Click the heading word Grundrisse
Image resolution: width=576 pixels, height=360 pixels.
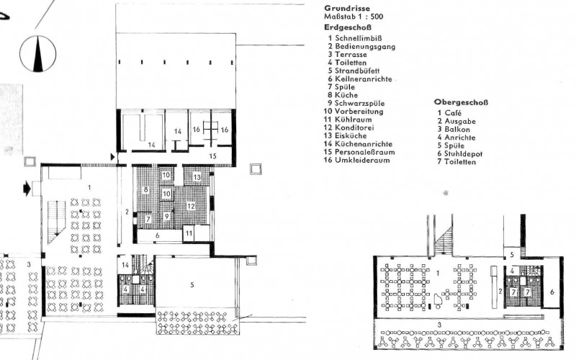347,8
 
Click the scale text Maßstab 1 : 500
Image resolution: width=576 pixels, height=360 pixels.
354,17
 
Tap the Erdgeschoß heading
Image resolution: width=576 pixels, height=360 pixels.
348,27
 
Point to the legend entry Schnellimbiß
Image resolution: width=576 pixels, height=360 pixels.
358,38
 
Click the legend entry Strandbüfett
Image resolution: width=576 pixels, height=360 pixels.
356,71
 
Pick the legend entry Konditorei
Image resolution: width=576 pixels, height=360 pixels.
354,127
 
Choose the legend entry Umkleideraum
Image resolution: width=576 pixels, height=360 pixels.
362,160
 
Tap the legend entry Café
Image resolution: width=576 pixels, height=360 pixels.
453,113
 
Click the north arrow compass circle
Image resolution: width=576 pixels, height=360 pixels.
38,53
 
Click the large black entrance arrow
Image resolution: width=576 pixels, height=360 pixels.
27,189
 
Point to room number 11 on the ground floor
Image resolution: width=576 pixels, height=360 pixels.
189,233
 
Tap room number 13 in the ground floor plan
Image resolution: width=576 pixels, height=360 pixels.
197,177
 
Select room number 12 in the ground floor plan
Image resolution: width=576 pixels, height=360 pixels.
190,206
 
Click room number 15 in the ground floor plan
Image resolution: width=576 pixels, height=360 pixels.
212,156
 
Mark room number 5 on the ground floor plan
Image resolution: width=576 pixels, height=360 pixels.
192,284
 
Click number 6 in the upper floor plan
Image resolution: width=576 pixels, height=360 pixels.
552,292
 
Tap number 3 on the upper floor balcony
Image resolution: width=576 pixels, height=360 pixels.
439,325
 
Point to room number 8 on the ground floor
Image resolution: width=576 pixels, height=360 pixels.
146,189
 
